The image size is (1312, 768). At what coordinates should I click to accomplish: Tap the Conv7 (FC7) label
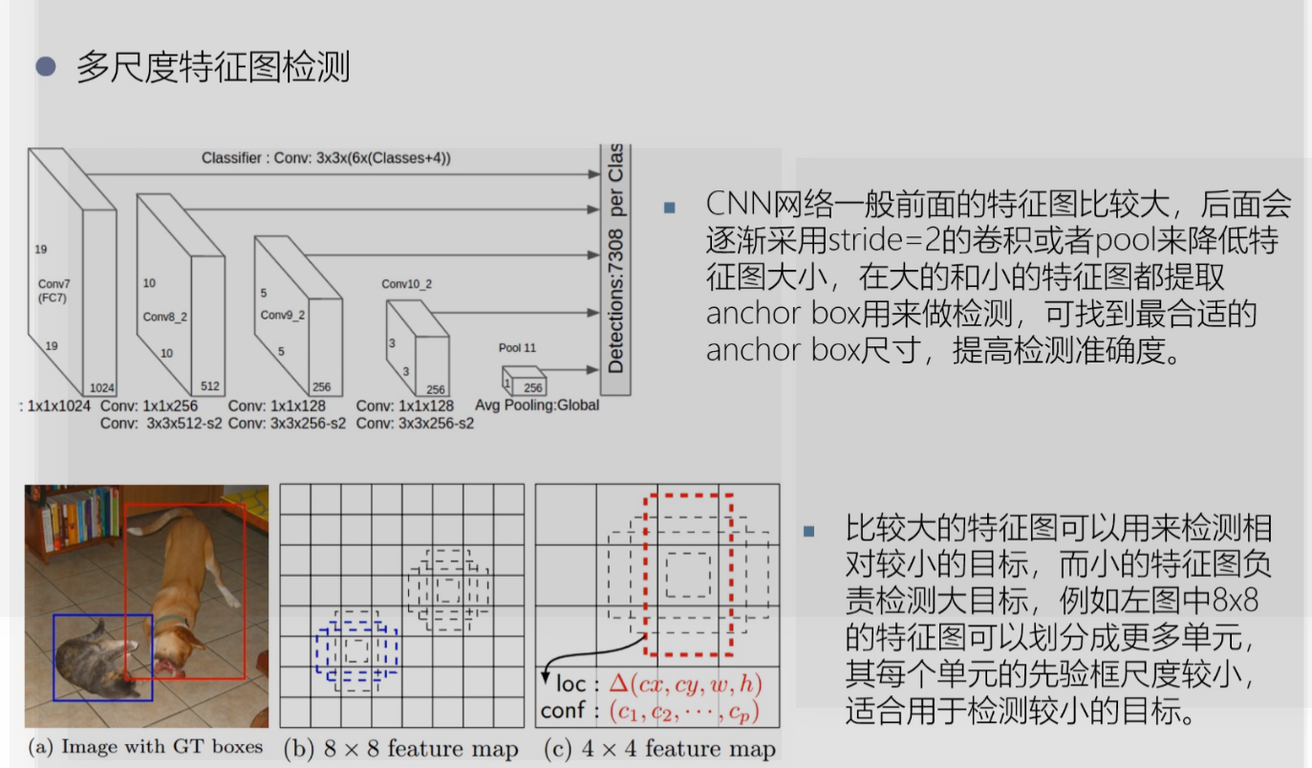click(x=54, y=290)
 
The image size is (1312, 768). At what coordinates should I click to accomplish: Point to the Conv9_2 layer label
click(x=283, y=315)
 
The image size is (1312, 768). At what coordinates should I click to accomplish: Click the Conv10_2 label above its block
click(x=407, y=284)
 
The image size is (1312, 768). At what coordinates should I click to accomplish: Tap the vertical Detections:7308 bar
click(x=615, y=268)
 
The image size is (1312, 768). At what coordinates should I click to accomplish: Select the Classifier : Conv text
click(x=326, y=159)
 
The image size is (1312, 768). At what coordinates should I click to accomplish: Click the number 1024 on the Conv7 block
click(x=102, y=387)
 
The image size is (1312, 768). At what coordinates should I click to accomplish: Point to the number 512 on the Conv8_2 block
click(x=210, y=387)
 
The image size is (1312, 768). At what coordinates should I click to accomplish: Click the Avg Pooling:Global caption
click(x=537, y=406)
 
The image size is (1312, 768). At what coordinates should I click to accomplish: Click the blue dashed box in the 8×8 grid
click(x=355, y=650)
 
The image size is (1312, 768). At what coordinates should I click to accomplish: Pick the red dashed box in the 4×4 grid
click(x=689, y=574)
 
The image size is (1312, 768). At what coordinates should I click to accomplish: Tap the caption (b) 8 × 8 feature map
click(x=400, y=748)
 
